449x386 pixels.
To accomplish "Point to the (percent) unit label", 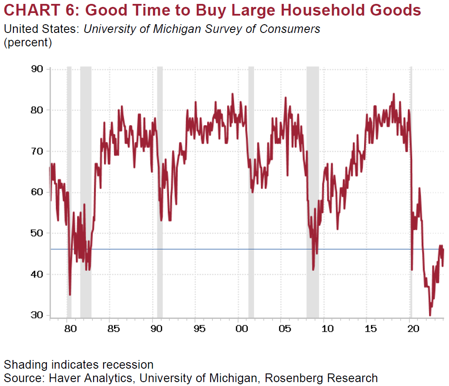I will point(28,43).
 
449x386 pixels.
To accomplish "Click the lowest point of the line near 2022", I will point(430,315).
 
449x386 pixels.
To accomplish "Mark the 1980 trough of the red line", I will point(70,295).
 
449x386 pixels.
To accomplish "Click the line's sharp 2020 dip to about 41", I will point(412,270).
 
